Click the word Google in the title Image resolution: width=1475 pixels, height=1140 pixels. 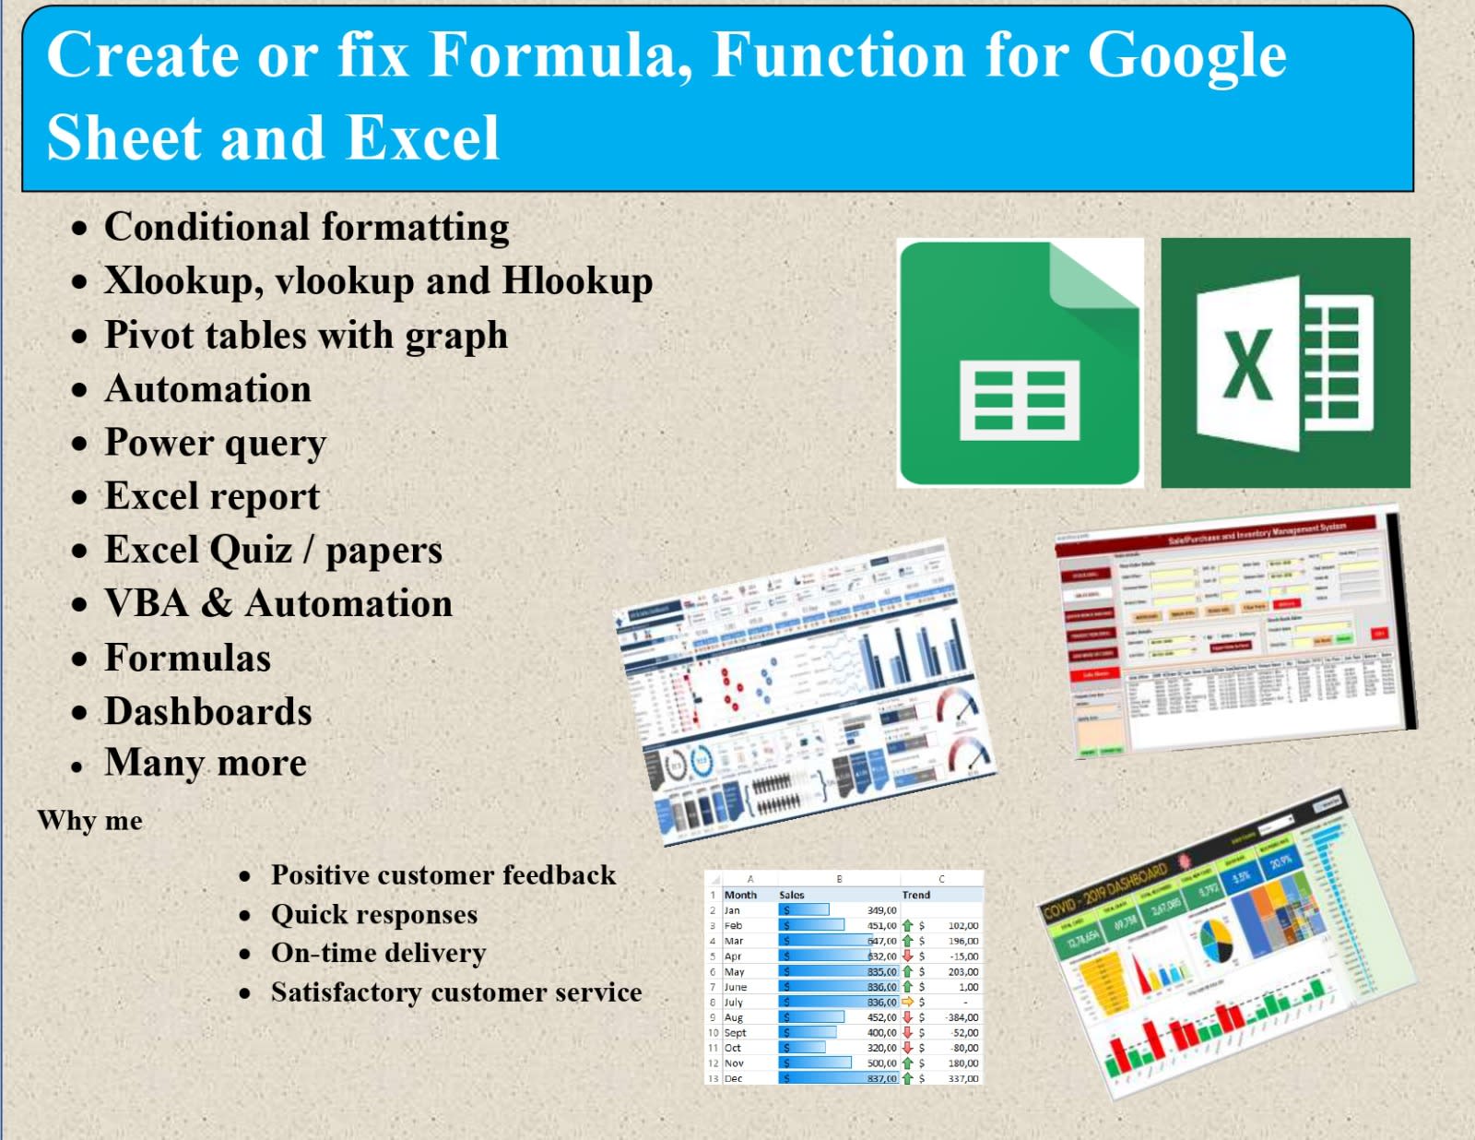coord(1186,55)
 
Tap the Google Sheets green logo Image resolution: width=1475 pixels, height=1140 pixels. coord(1020,362)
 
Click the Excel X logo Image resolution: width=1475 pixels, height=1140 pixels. coord(1285,362)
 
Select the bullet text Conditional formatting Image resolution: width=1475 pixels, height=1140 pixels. coord(306,228)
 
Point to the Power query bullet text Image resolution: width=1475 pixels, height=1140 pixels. coord(215,443)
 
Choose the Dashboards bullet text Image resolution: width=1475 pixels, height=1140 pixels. coord(207,711)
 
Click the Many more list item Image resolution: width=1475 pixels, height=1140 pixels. coord(205,763)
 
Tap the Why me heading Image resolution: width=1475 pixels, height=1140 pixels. coord(90,820)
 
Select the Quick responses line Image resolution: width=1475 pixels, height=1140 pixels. coord(373,914)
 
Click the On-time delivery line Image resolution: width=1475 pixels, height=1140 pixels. coord(378,953)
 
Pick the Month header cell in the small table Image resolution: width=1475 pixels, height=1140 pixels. coord(740,895)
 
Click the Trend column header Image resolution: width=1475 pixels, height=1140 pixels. coord(915,895)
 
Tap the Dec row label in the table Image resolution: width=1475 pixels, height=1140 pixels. coord(733,1078)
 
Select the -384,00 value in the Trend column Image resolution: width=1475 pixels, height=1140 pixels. coord(962,1017)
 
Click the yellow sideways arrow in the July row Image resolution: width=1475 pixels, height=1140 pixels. coord(907,1002)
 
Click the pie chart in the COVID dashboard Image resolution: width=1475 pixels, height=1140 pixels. coord(1216,942)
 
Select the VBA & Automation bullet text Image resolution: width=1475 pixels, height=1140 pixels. coord(278,604)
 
